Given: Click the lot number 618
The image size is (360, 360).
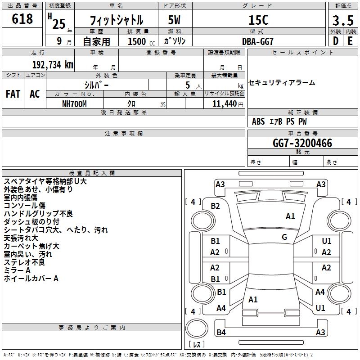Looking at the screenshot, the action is click(23, 19).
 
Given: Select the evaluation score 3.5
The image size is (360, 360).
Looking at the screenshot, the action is click(342, 21).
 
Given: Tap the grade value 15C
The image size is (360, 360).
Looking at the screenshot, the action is click(258, 20).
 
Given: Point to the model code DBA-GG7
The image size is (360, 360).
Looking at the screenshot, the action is click(258, 41).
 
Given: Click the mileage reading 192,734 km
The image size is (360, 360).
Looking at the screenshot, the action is click(52, 64).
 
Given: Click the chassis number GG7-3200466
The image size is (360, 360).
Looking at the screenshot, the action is click(302, 144).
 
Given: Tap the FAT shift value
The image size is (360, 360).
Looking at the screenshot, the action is click(13, 94).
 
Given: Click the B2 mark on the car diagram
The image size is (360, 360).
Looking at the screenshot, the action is click(216, 206).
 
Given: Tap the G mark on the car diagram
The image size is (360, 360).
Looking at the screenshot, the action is click(284, 237).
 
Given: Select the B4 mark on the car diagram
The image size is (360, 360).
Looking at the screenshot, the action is click(221, 333).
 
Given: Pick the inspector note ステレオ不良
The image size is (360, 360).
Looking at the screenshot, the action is click(24, 262).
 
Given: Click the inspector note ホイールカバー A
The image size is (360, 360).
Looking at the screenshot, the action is click(31, 279).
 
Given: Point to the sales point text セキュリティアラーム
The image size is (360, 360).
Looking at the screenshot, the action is click(282, 83).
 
